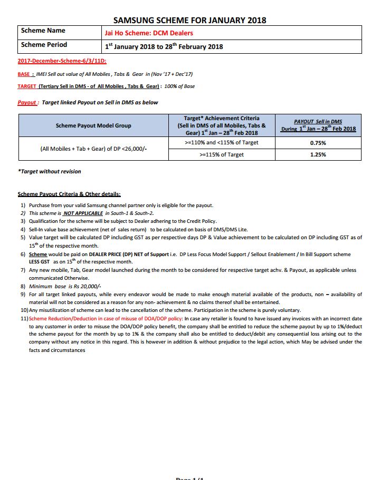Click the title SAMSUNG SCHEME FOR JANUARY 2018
(x=189, y=20)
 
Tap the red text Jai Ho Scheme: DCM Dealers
(x=149, y=33)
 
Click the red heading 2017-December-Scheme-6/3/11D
(x=62, y=62)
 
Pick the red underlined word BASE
(x=24, y=74)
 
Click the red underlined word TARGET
(x=27, y=86)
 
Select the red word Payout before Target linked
(x=27, y=102)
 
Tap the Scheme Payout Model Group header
(x=93, y=125)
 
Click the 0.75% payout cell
(x=318, y=143)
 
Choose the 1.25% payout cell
(x=318, y=155)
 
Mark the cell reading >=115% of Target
(x=222, y=155)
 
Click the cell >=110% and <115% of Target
(x=222, y=143)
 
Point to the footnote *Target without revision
(x=50, y=172)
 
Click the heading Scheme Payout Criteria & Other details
(x=69, y=194)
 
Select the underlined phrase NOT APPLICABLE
(x=83, y=213)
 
